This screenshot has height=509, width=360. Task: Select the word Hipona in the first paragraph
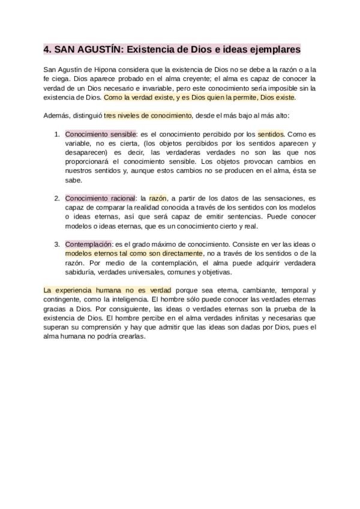pos(105,70)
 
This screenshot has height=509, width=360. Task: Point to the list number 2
pos(57,198)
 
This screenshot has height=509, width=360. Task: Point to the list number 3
pos(57,244)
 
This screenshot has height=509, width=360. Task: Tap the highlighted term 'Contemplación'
pos(89,244)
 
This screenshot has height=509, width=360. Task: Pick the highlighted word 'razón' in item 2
pos(158,198)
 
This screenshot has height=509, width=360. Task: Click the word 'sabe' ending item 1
pos(73,179)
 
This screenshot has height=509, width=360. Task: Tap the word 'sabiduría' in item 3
pos(81,272)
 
